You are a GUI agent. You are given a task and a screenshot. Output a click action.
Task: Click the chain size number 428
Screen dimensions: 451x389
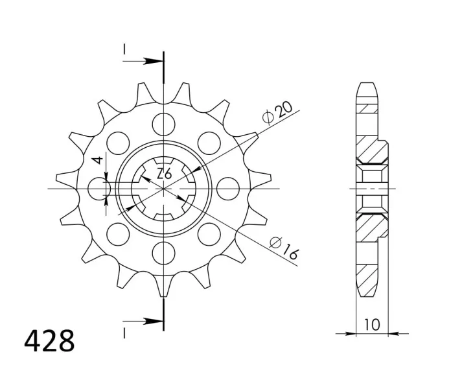[x=49, y=341]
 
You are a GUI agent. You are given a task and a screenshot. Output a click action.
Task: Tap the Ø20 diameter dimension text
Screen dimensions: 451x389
[x=277, y=113]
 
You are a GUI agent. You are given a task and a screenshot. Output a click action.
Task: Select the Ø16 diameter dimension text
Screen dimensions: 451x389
[x=284, y=248]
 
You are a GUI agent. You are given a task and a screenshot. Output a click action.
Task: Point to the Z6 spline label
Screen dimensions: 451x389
[x=165, y=174]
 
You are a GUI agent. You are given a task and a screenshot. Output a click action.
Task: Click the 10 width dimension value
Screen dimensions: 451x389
[x=372, y=325]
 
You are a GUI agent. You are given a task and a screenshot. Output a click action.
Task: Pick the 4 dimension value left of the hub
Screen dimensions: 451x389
[x=98, y=160]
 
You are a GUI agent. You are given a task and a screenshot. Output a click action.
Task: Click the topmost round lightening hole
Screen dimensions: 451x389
[x=164, y=124]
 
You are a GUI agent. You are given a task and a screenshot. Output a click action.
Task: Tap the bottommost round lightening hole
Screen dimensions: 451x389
[x=164, y=253]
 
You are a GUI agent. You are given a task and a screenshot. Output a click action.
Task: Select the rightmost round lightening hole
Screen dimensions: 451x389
[x=228, y=189]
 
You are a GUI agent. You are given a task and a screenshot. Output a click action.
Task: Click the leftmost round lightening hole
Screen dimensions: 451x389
[x=99, y=189]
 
